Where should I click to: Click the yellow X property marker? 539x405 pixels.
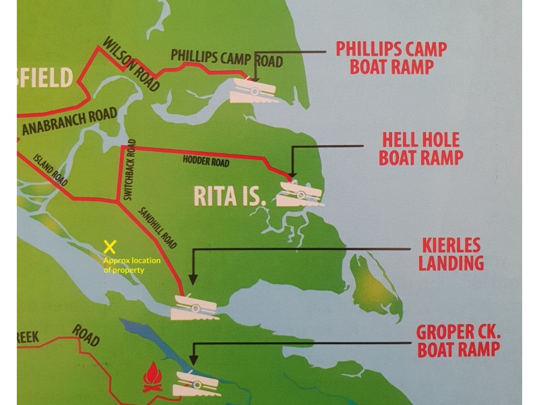(110, 247)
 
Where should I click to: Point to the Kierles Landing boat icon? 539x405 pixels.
(195, 308)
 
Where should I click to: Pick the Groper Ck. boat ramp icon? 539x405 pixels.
(197, 383)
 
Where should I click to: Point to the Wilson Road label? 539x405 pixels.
(131, 67)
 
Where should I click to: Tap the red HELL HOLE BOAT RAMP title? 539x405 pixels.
(420, 149)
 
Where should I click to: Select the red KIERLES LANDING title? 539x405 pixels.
(451, 253)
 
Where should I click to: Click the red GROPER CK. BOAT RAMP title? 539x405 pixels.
(457, 341)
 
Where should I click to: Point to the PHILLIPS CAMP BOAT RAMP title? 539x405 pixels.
(391, 58)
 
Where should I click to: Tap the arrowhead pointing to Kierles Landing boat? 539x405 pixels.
(193, 278)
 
